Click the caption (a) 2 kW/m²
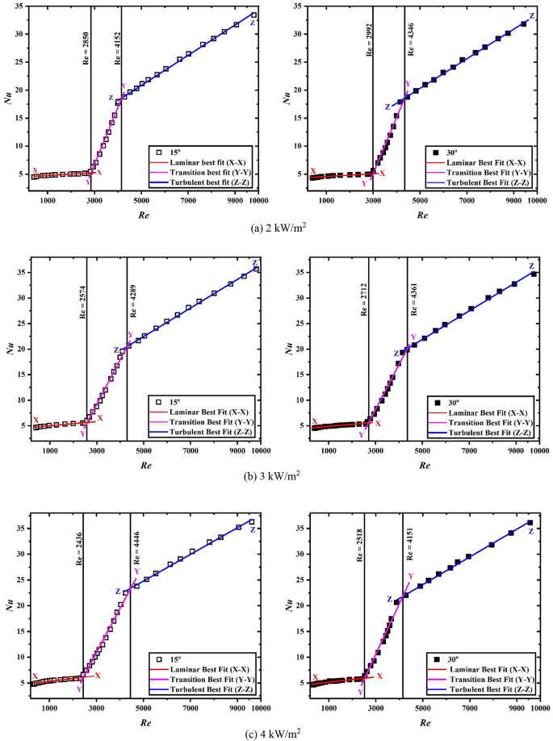(276, 229)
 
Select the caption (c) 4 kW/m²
(276, 731)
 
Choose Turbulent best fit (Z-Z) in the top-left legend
(209, 183)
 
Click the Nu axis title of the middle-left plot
(10, 350)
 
